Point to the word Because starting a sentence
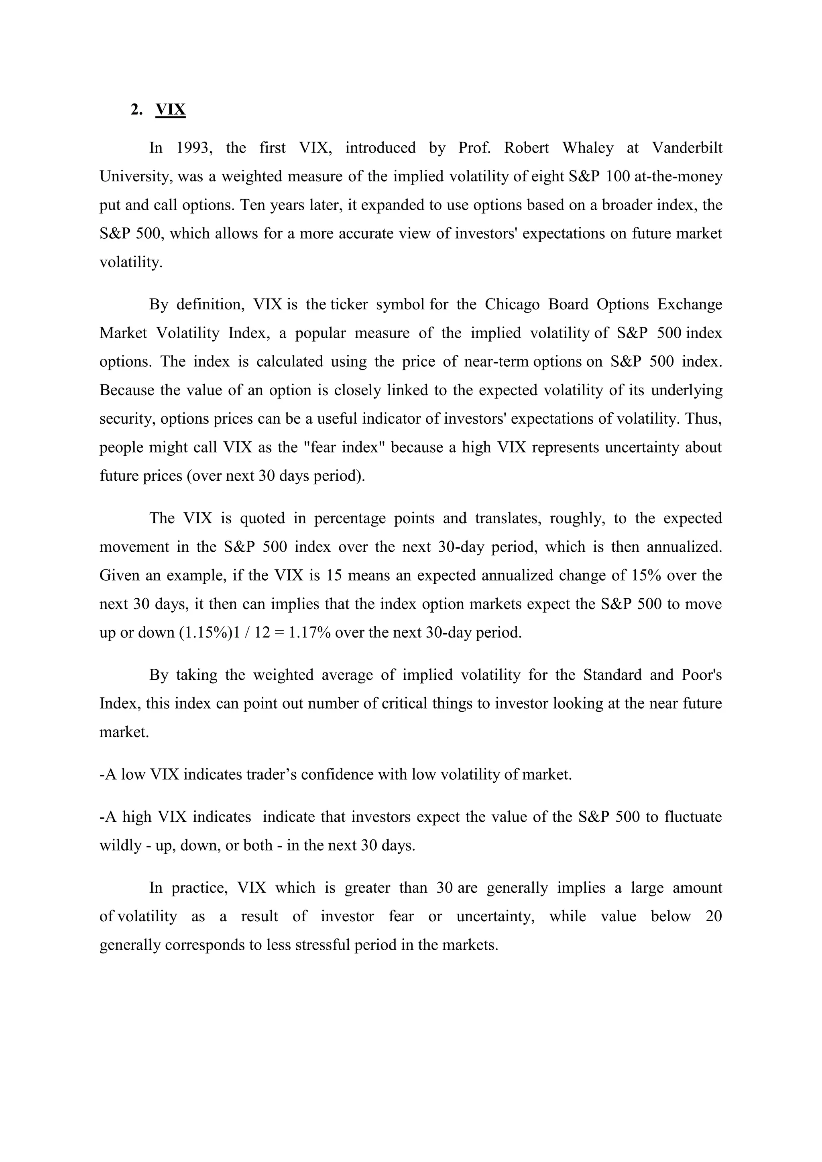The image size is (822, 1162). click(127, 390)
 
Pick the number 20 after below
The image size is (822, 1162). click(713, 916)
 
